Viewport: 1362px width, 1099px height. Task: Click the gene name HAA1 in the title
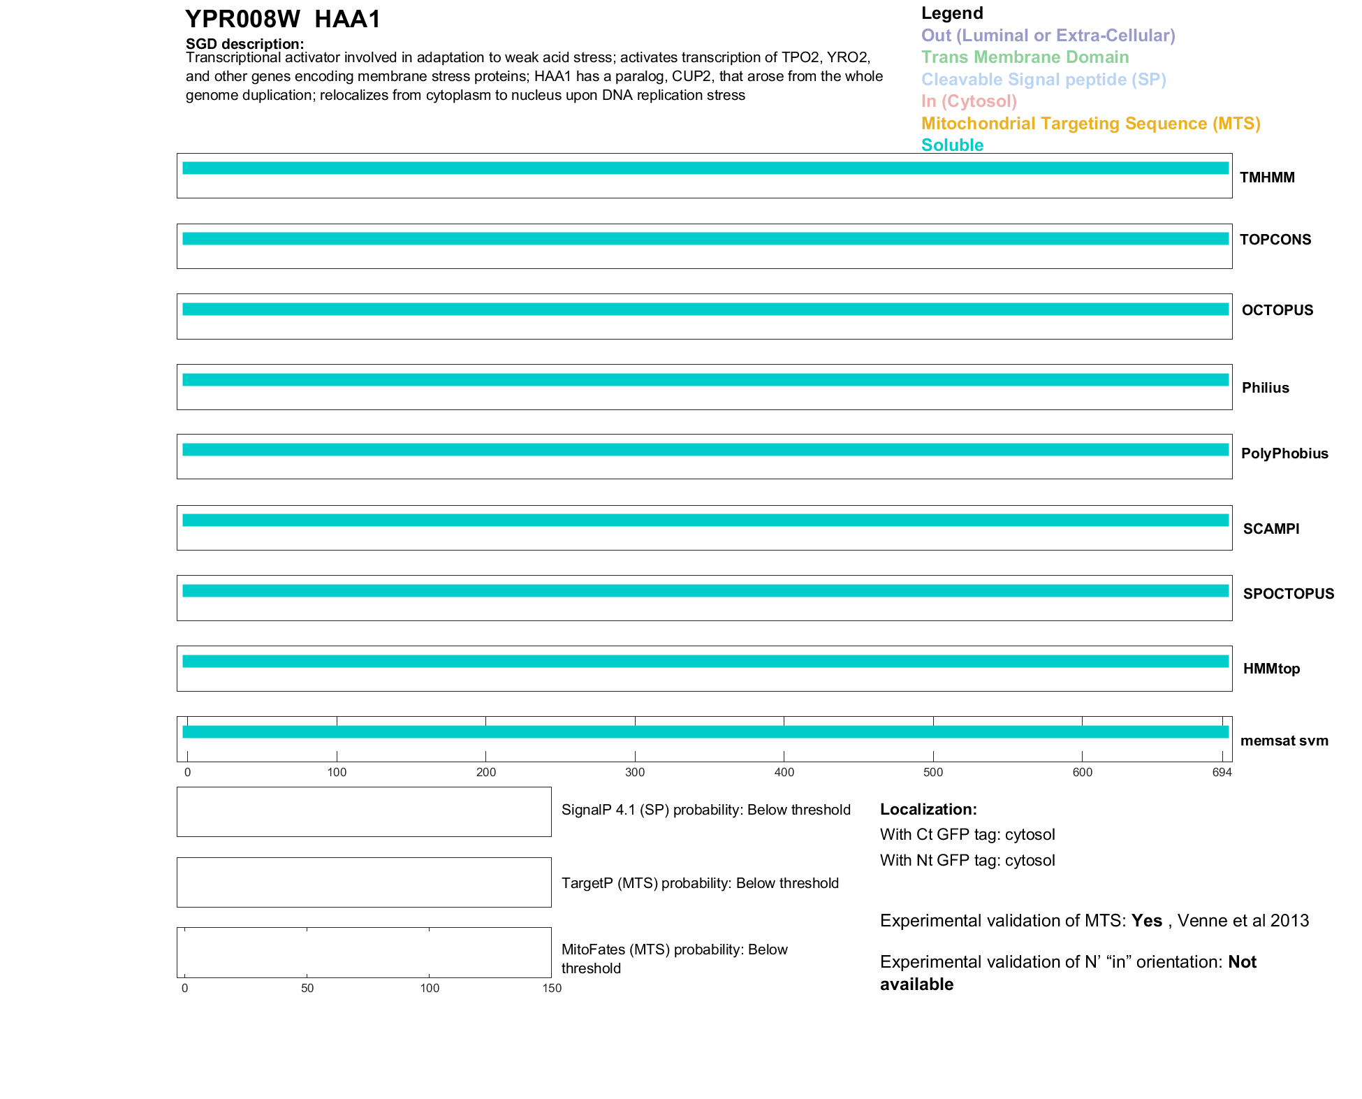click(347, 19)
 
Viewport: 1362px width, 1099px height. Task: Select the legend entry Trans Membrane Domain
click(1025, 57)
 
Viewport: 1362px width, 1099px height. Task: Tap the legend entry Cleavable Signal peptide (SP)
click(1044, 80)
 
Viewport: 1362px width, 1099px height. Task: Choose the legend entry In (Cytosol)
click(969, 101)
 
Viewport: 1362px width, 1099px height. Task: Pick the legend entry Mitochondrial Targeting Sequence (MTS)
click(1090, 124)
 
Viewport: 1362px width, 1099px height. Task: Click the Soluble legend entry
click(952, 145)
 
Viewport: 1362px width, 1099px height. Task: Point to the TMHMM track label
click(1267, 177)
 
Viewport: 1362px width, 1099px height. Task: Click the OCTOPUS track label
click(1277, 310)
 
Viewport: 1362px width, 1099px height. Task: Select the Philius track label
click(1265, 388)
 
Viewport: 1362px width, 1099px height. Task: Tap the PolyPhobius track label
click(1284, 453)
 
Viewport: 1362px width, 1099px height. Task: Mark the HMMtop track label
click(1271, 669)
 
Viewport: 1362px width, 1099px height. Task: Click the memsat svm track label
click(1284, 741)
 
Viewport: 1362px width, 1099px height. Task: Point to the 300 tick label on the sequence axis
click(635, 772)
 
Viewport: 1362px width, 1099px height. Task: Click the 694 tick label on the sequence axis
click(1222, 772)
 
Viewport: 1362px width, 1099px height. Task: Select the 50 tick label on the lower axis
click(307, 988)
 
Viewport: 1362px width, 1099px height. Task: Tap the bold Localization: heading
click(928, 809)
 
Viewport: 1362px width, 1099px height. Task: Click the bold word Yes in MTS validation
click(1146, 921)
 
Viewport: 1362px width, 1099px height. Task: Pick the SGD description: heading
click(244, 44)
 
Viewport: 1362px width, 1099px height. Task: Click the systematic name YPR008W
click(242, 19)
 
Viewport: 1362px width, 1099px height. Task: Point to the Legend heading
click(952, 13)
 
